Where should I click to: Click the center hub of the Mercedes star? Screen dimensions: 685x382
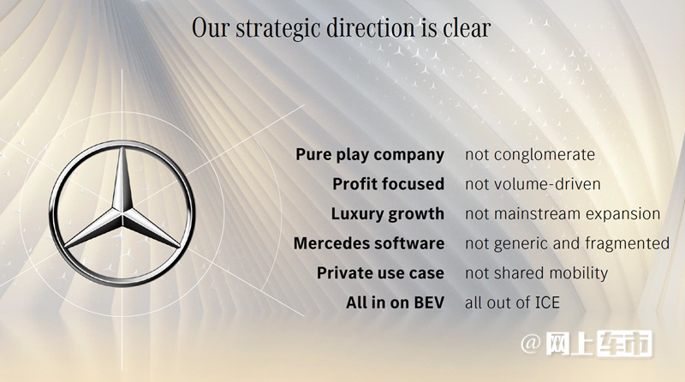(x=122, y=214)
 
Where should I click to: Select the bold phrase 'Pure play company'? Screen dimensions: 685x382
(x=370, y=155)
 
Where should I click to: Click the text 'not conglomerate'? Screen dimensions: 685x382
(x=530, y=154)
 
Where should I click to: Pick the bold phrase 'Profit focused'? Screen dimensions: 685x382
(x=389, y=183)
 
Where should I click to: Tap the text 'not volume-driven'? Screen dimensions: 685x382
(x=533, y=184)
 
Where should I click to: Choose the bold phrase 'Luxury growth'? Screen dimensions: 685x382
(x=388, y=214)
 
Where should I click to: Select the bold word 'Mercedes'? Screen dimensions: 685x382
(x=331, y=243)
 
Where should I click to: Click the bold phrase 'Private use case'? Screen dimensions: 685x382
(x=380, y=273)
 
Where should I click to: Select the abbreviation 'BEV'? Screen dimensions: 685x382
(x=429, y=302)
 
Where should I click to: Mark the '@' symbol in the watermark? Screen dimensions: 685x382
(x=531, y=343)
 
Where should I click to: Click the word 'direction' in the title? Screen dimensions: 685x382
(x=372, y=27)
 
